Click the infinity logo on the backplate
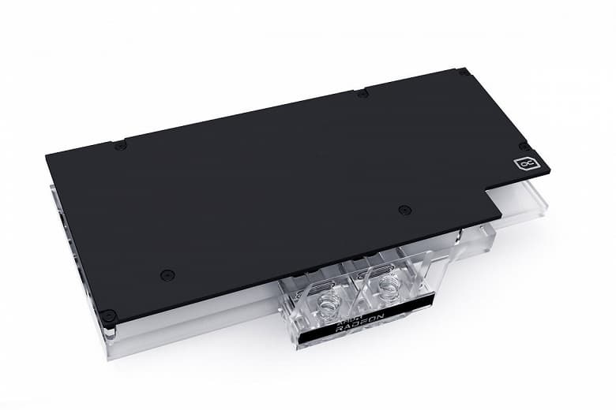tap(525, 163)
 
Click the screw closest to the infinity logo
tap(524, 146)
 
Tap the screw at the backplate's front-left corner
tap(108, 315)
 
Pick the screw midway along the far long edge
tap(361, 94)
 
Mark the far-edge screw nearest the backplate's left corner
tap(119, 145)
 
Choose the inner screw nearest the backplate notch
tap(404, 210)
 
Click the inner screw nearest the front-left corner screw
tap(166, 274)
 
